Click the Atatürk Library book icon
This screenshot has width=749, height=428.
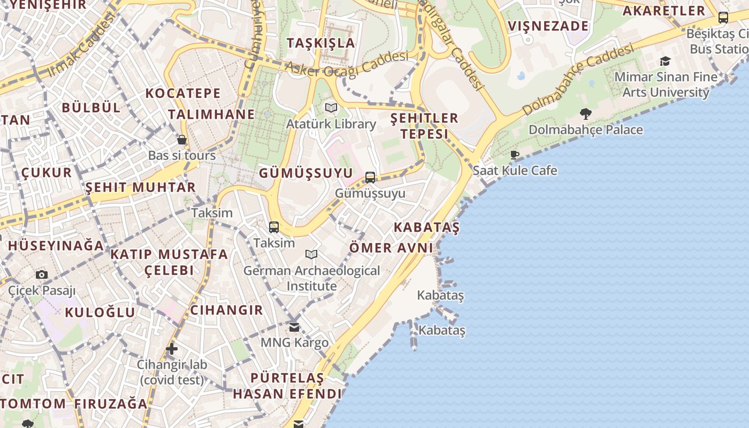(331, 108)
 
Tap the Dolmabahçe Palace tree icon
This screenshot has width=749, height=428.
(586, 113)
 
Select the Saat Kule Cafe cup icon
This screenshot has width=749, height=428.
(515, 155)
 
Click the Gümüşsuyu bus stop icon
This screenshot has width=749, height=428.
(370, 177)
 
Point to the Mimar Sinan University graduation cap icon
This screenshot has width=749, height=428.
(665, 62)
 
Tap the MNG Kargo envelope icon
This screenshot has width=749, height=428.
(294, 326)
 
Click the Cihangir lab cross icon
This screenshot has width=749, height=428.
(171, 349)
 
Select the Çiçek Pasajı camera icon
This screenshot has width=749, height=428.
(42, 275)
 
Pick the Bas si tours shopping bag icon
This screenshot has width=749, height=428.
(182, 140)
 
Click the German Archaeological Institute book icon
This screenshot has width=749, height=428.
(311, 254)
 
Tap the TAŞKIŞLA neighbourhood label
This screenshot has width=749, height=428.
(321, 43)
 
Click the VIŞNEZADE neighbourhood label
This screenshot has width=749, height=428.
(548, 26)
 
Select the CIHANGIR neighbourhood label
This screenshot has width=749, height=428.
(227, 310)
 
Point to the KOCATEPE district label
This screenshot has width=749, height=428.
(183, 93)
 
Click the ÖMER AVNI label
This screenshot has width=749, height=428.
(391, 248)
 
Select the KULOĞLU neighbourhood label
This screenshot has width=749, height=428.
(100, 312)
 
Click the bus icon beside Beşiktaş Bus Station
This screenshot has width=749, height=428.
(723, 17)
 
